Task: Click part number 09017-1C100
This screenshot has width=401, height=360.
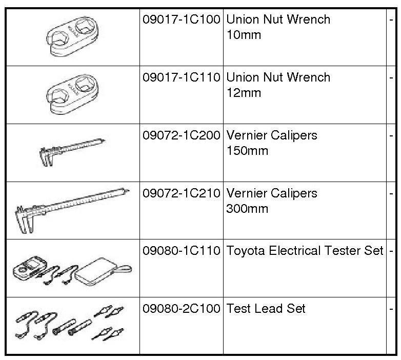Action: pos(181,20)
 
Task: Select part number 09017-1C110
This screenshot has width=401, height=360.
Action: pos(181,78)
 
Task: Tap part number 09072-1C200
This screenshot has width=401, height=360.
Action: pos(181,136)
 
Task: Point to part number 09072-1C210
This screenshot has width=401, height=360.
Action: pos(181,194)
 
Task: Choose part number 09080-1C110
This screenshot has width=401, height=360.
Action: pos(181,251)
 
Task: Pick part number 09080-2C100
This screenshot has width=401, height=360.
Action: pos(181,309)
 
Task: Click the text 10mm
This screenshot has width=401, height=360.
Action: pos(244,35)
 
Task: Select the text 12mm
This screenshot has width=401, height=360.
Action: pos(244,93)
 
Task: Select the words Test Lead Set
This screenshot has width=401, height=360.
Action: pos(266,309)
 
